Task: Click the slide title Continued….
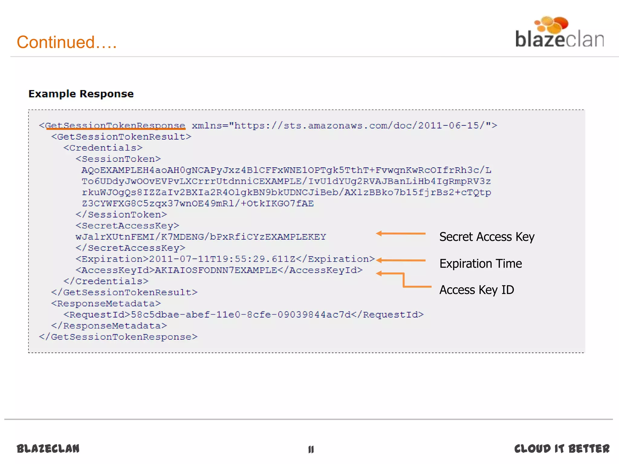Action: [x=66, y=42]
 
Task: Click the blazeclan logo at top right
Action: [x=559, y=33]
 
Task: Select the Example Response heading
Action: [x=81, y=94]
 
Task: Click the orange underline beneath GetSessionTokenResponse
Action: [x=115, y=129]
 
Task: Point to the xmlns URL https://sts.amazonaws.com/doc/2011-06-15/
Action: [x=360, y=125]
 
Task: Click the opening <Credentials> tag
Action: [x=103, y=148]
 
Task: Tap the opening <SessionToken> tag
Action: [x=118, y=159]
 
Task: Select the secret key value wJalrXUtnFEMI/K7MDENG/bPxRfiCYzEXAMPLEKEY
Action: [x=201, y=237]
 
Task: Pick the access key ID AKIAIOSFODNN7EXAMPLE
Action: [x=216, y=270]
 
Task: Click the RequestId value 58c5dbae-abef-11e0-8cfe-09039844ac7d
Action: [x=241, y=315]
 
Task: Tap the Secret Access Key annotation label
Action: [x=487, y=237]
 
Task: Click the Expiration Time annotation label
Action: [x=481, y=264]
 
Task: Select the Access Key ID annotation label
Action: [x=477, y=290]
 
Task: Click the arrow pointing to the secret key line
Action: [x=401, y=234]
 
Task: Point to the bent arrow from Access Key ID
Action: [x=403, y=280]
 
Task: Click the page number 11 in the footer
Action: [x=311, y=449]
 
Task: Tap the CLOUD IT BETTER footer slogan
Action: [x=562, y=449]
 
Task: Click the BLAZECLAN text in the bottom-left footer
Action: [x=48, y=449]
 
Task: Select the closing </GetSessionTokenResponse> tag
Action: [x=118, y=337]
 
